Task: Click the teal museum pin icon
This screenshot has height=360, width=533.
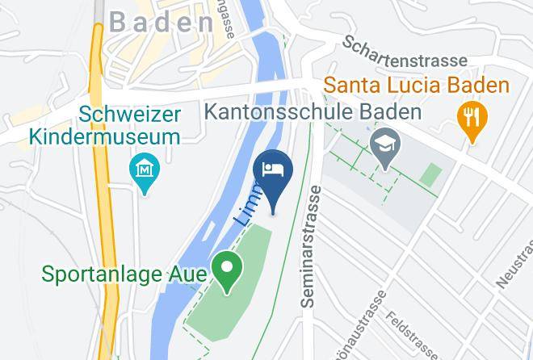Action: tap(145, 171)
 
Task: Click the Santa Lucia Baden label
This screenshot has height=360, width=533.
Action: tap(417, 84)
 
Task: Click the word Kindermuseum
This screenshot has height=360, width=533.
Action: tap(105, 136)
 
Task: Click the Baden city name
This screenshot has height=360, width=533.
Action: tap(161, 23)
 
